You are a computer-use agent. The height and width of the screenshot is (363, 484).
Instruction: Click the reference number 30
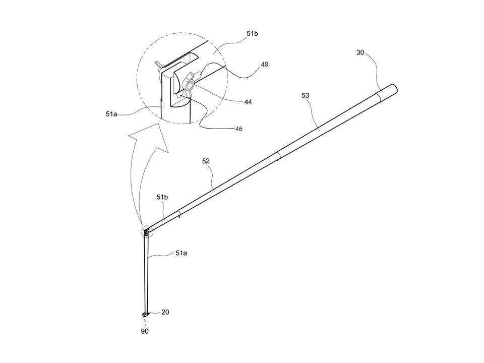click(360, 52)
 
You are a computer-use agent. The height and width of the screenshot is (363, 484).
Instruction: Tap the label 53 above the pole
click(305, 95)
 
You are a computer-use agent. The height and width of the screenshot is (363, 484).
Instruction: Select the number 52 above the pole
click(206, 161)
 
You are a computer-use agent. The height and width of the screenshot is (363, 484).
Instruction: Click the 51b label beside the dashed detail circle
click(252, 34)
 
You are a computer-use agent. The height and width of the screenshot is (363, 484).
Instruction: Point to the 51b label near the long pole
click(162, 197)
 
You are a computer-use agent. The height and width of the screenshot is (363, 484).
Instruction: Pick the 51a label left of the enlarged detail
click(111, 114)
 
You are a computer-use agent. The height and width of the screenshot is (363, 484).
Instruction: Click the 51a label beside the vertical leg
click(181, 253)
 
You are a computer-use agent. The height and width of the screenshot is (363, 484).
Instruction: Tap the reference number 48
click(265, 64)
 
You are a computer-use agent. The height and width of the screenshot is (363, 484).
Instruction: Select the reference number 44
click(248, 102)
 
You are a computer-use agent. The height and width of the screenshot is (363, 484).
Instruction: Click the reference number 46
click(238, 129)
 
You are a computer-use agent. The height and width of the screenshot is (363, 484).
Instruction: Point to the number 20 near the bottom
click(165, 312)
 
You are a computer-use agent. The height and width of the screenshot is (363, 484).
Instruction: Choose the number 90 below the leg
click(145, 331)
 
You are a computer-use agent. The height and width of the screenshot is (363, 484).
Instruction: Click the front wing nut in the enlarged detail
click(189, 85)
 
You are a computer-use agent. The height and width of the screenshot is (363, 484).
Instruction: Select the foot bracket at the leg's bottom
click(145, 314)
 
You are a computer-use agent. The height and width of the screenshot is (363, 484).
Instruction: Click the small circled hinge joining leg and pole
click(147, 231)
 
